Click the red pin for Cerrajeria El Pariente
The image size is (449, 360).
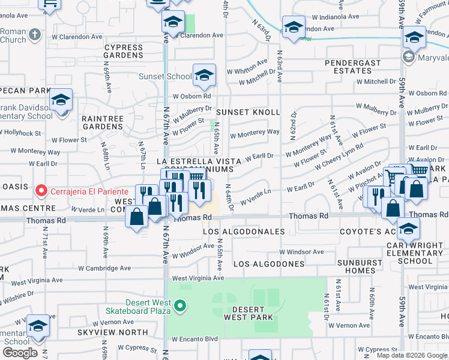[x=41, y=191]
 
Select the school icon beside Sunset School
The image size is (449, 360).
[x=204, y=75]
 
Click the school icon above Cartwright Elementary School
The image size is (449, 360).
[x=408, y=229]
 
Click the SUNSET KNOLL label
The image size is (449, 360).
[x=248, y=112]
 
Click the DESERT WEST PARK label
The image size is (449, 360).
[x=249, y=313]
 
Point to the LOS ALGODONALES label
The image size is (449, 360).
[x=244, y=231]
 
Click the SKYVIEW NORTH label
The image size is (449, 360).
[x=112, y=332]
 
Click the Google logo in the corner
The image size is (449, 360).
[x=20, y=352]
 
